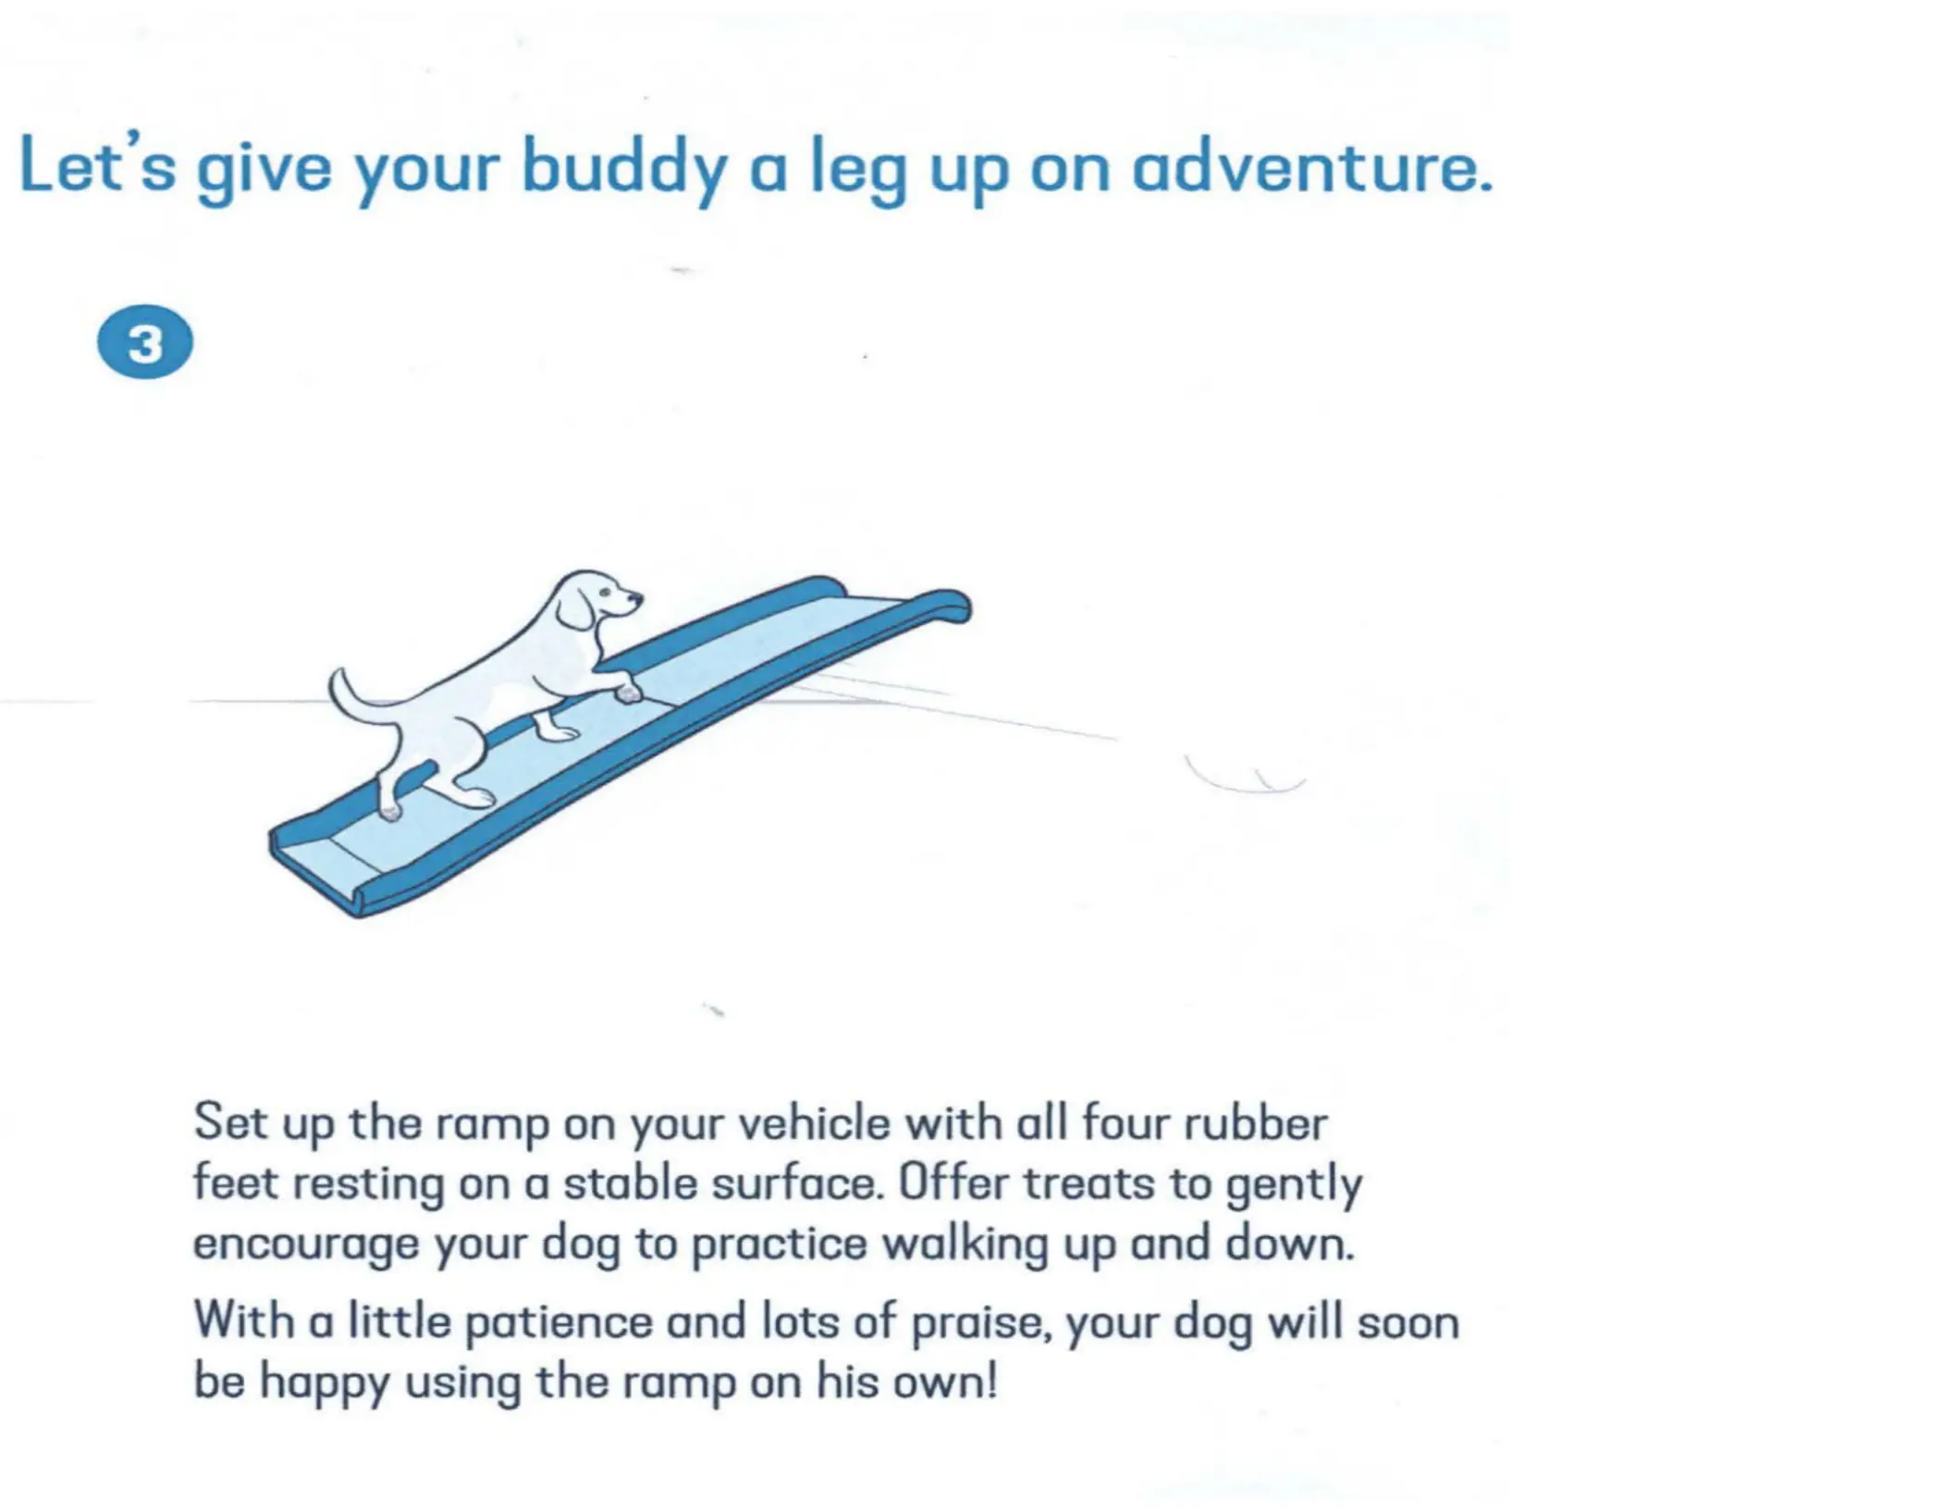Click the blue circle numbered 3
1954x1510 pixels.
[x=145, y=342]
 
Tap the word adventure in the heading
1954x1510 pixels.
[x=1312, y=167]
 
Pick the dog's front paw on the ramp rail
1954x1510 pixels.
[x=629, y=691]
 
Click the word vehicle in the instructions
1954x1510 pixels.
[x=815, y=1124]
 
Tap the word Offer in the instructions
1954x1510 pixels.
[x=952, y=1184]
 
